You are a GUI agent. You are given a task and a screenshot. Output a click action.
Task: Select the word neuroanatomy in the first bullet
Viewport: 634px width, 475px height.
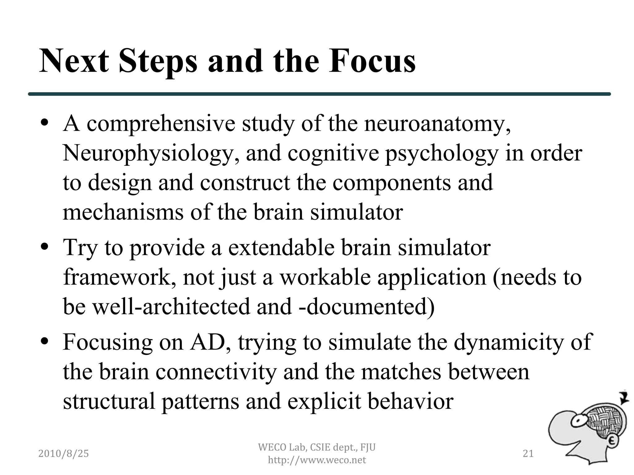point(436,124)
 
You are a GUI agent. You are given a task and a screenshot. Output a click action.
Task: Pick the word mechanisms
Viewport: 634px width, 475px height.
point(123,212)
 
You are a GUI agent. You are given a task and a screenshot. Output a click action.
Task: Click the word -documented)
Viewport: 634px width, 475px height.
point(367,306)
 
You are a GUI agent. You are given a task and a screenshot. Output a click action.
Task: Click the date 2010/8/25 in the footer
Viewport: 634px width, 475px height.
point(63,454)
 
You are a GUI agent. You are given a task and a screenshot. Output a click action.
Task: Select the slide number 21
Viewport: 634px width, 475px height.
point(528,454)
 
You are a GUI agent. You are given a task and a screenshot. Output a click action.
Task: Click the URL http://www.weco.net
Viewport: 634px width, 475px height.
point(317,460)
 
